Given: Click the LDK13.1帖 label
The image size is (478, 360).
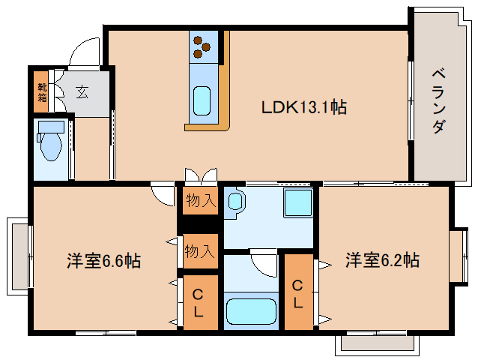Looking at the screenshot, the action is [x=304, y=107].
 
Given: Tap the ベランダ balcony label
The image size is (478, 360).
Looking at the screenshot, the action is [x=439, y=101].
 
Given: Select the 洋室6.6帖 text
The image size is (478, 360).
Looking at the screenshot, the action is [x=103, y=260].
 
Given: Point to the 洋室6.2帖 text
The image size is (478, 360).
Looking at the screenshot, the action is [x=382, y=260].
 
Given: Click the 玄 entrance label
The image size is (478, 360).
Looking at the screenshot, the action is [x=82, y=91].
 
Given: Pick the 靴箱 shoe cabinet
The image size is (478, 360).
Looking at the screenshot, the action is [x=41, y=91].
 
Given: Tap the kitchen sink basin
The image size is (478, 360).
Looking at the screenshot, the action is [x=202, y=100].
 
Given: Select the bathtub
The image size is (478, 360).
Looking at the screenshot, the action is [x=251, y=310].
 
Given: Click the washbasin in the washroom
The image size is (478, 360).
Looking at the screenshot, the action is [x=235, y=201].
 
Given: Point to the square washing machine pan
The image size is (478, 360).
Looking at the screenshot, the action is [x=298, y=202].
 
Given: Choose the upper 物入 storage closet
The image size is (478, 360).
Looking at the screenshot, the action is [x=200, y=200].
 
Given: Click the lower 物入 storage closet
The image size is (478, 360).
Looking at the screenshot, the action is [x=200, y=251].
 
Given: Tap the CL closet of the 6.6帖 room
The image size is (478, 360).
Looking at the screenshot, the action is [x=200, y=303].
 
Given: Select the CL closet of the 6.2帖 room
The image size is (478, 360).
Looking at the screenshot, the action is [x=299, y=292].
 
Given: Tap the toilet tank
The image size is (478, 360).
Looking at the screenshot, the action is [x=51, y=127].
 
